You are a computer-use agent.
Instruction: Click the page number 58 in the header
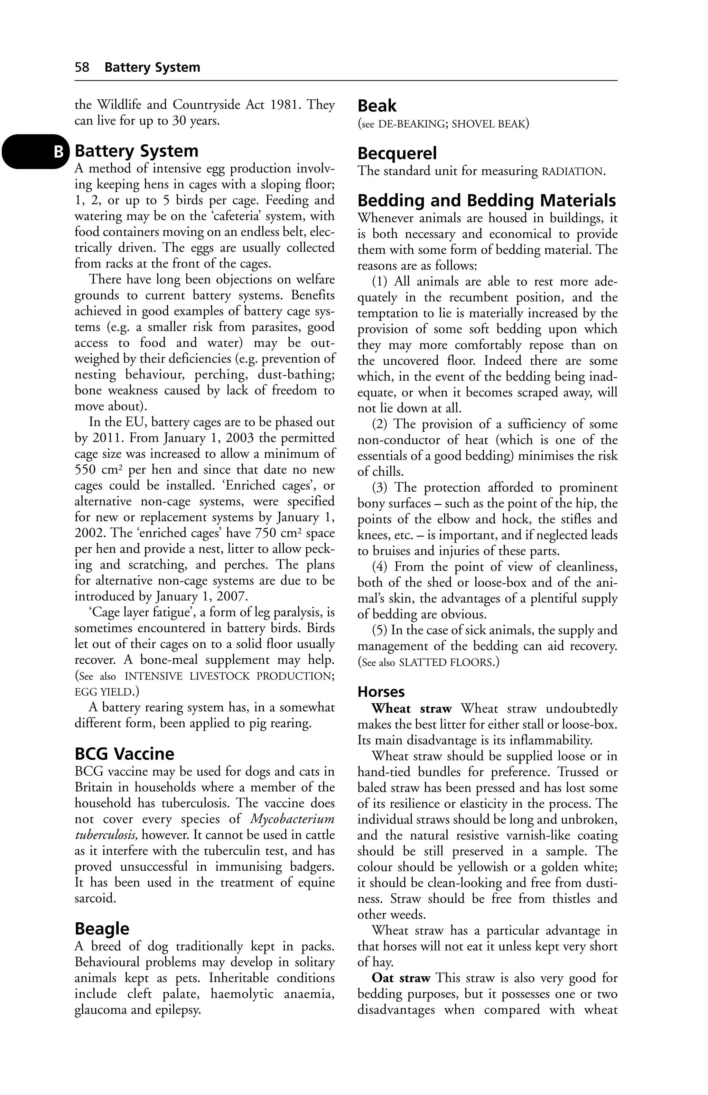82,67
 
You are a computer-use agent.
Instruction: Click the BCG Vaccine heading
124,754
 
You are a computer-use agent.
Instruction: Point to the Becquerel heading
397,153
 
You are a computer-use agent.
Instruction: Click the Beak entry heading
376,106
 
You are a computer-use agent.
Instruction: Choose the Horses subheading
381,692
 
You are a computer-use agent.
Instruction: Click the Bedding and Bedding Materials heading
486,201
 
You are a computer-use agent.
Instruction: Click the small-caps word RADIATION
573,172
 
